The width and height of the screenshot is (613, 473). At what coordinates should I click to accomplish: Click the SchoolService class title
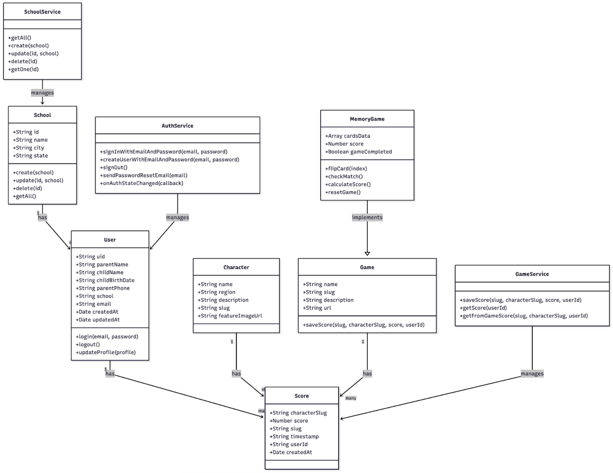click(42, 12)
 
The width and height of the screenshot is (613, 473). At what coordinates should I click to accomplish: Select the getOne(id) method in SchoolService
click(24, 69)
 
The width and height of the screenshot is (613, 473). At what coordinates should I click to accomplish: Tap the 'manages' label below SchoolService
click(42, 93)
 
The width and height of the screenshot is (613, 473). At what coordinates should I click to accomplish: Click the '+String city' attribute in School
click(29, 148)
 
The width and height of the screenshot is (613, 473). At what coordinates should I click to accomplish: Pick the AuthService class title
click(177, 126)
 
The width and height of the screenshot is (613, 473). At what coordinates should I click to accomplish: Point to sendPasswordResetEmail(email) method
click(144, 175)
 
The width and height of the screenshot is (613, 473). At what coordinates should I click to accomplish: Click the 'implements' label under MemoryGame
click(367, 217)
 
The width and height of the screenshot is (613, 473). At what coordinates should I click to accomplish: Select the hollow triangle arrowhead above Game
click(367, 254)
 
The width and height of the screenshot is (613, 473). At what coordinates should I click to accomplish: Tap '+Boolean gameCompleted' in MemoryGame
click(358, 152)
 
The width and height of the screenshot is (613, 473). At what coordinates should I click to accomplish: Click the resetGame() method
click(343, 192)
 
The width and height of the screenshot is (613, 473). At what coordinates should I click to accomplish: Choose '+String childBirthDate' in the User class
click(105, 280)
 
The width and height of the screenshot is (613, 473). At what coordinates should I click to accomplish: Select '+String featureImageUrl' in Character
click(230, 316)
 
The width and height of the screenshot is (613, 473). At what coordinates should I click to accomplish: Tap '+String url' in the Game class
click(317, 308)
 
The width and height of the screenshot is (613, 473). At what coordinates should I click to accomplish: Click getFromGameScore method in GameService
click(524, 316)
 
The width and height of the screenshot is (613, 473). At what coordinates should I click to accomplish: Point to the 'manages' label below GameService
click(532, 373)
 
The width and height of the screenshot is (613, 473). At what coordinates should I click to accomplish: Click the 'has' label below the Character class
click(236, 373)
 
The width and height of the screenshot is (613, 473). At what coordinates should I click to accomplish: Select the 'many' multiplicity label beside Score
click(351, 398)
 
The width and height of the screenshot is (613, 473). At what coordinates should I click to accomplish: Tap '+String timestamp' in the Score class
click(294, 436)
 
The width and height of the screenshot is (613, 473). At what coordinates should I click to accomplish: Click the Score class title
click(301, 396)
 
